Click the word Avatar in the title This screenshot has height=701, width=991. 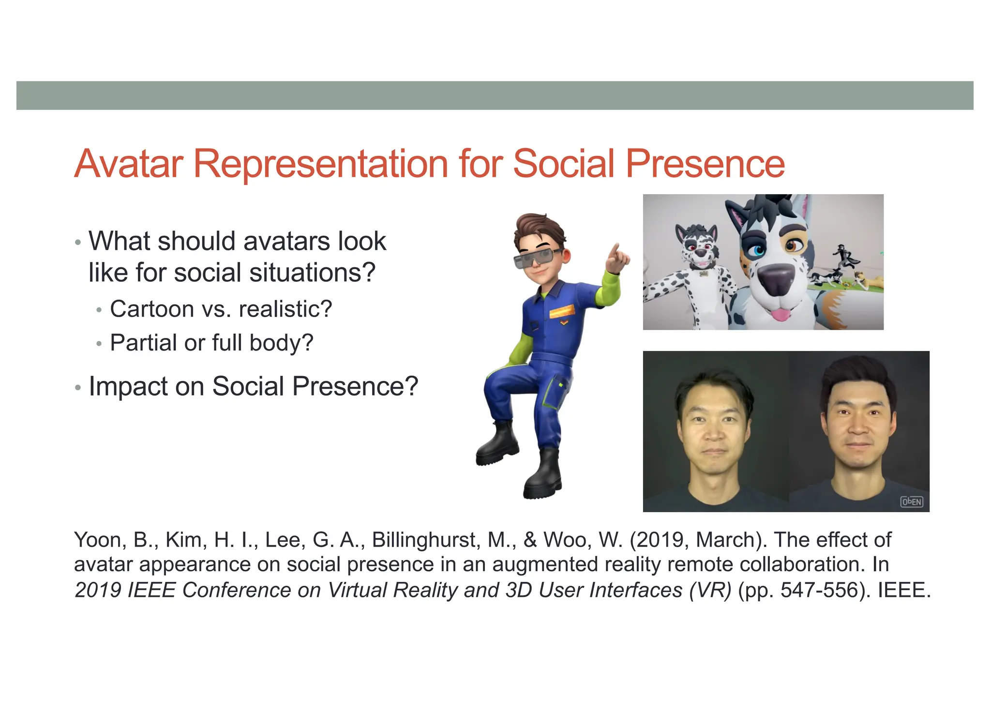[x=128, y=164]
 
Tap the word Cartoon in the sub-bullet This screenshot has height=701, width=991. [x=152, y=309]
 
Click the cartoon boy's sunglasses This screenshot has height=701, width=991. [x=537, y=258]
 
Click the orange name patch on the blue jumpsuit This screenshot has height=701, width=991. [x=562, y=311]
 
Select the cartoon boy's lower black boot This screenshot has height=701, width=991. [x=543, y=477]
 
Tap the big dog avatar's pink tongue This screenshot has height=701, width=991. [x=780, y=315]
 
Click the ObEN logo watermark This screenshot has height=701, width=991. [x=911, y=502]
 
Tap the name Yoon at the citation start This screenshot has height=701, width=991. [x=99, y=540]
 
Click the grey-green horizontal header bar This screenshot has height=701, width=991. [x=495, y=95]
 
